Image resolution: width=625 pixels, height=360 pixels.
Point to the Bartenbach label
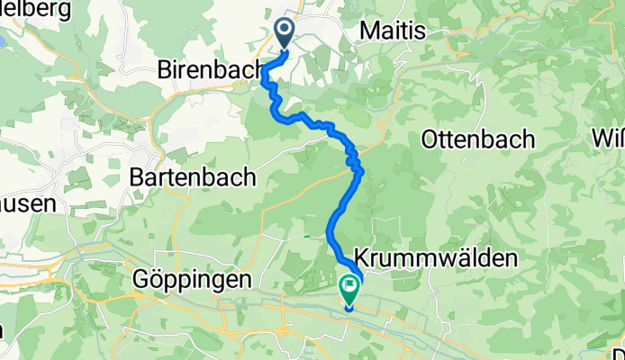coord(195,176)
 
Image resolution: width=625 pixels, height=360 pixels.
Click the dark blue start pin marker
coord(285,34)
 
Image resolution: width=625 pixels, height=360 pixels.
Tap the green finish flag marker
coord(349,289)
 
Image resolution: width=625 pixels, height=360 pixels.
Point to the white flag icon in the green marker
coord(349,287)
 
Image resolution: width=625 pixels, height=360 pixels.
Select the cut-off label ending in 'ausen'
coord(27,203)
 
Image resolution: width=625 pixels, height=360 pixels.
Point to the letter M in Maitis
coord(367,31)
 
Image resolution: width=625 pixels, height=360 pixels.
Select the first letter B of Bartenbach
coord(137,176)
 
